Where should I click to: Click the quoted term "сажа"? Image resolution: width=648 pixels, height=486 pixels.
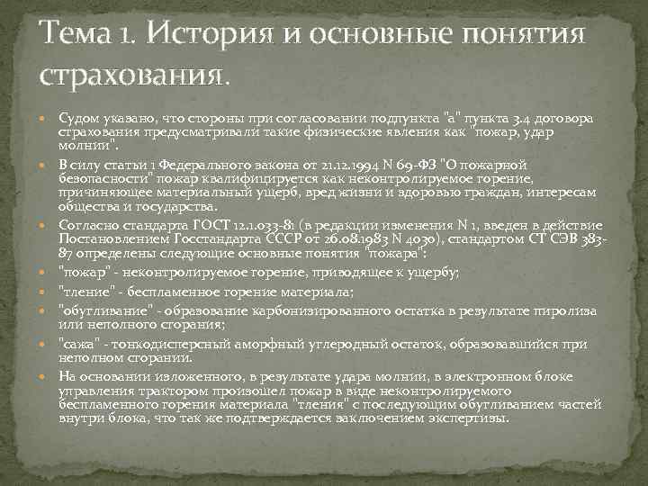tap(77, 345)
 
